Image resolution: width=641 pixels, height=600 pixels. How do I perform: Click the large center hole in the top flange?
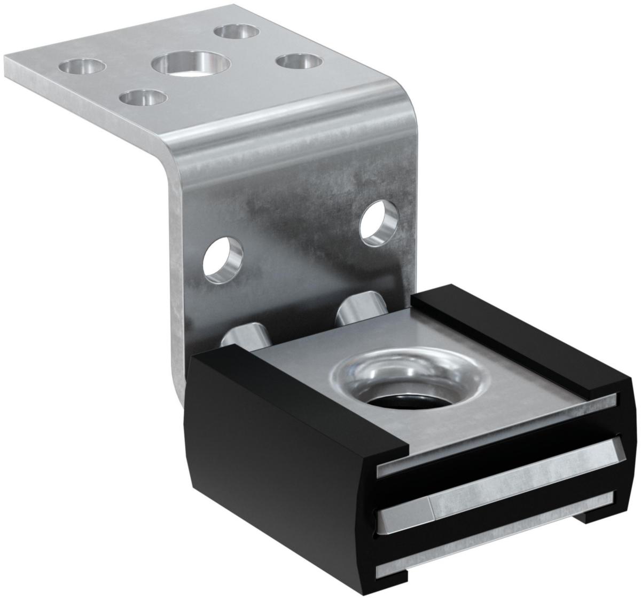point(190,64)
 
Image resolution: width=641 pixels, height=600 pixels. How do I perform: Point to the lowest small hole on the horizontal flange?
point(142,97)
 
